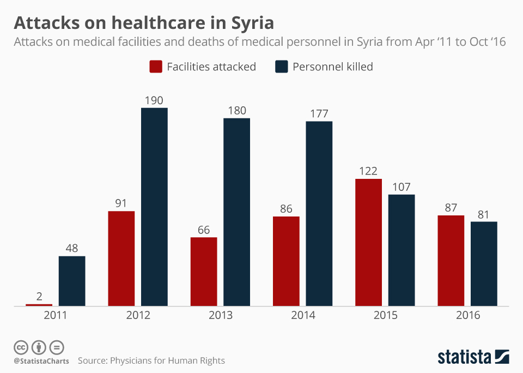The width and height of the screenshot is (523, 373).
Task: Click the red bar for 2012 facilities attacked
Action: pos(121,258)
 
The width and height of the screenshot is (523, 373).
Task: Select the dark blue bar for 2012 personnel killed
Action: pos(154,207)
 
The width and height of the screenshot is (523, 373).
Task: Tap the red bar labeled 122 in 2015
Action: pos(368,242)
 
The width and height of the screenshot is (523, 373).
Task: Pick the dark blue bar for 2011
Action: pos(72,281)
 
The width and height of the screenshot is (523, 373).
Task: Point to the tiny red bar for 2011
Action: pos(39,305)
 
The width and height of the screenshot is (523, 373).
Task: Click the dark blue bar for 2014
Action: pos(319,214)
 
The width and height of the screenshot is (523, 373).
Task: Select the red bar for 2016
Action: pos(451,261)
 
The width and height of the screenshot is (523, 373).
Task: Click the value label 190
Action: pos(154,100)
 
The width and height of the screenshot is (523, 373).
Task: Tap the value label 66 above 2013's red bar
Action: pos(204,230)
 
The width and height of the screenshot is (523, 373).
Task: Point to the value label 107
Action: pos(402,187)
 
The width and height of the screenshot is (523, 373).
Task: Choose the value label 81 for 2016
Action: pos(484,214)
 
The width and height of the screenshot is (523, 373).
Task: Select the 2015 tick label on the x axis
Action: pos(385,315)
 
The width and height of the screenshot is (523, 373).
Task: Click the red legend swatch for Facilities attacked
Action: pos(156,67)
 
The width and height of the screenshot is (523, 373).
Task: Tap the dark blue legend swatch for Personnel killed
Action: pos(281,67)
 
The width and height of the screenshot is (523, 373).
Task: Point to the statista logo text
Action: pos(464,357)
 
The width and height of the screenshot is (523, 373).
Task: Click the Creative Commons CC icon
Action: pos(21,347)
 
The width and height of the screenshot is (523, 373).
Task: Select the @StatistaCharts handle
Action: pos(41,361)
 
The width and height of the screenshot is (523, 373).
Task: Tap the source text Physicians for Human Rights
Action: pos(167,360)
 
